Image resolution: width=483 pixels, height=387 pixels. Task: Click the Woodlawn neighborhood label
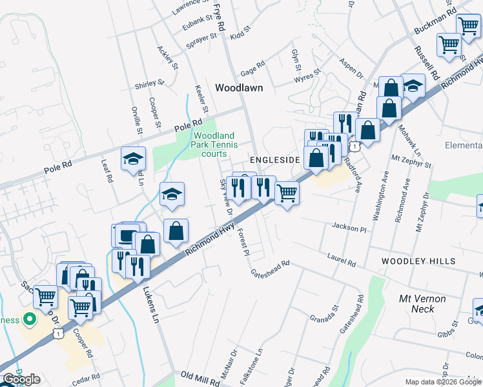coord(239,88)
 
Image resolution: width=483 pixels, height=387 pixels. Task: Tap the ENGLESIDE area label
coord(275,159)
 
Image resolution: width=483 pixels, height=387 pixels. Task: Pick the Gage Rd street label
coord(252,66)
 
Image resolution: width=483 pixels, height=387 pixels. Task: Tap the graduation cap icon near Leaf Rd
coord(134,158)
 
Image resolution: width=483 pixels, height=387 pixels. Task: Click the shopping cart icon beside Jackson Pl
coord(287,192)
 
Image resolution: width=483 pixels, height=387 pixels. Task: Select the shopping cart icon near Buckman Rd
coord(468,25)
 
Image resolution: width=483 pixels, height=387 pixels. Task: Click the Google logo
coord(21,379)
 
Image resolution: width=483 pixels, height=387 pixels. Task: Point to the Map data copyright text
coord(443,382)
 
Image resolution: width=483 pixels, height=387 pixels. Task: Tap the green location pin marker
coord(28,319)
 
